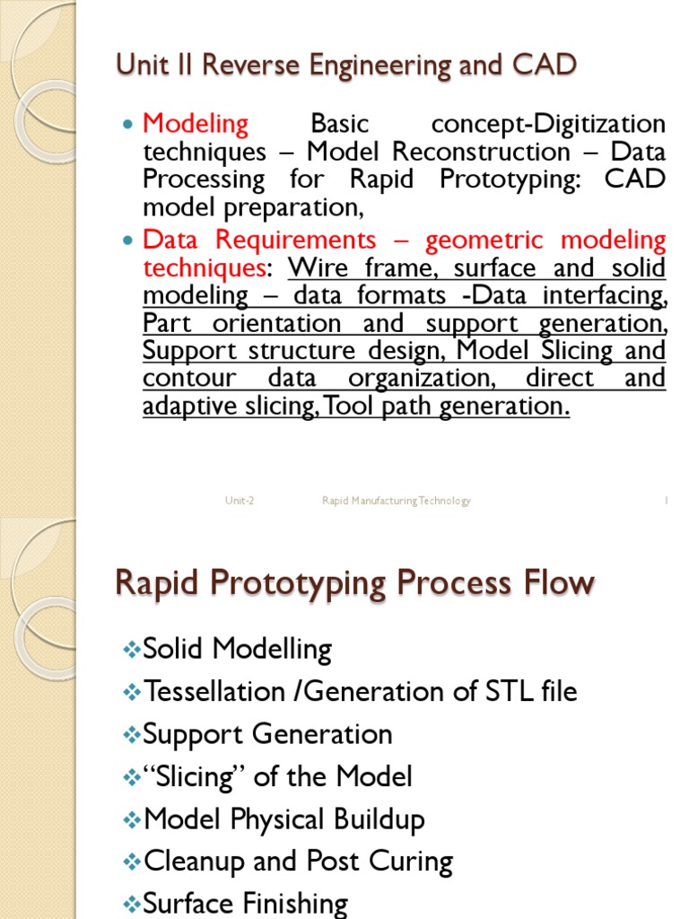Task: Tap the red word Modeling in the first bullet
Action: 196,123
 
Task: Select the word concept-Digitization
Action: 548,123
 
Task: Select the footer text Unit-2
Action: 240,501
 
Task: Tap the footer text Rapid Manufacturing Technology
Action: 396,501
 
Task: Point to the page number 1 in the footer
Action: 667,501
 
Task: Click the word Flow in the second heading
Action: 559,583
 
